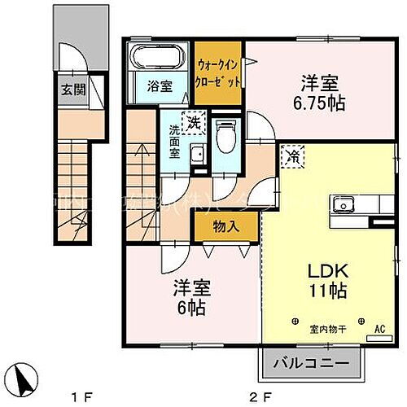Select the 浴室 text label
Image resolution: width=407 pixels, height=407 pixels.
160,84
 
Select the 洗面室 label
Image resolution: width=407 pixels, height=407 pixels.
176,140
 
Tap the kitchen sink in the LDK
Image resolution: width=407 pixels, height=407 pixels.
340,205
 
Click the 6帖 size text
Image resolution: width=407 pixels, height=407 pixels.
189,308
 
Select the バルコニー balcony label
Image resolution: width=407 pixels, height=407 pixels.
311,362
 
